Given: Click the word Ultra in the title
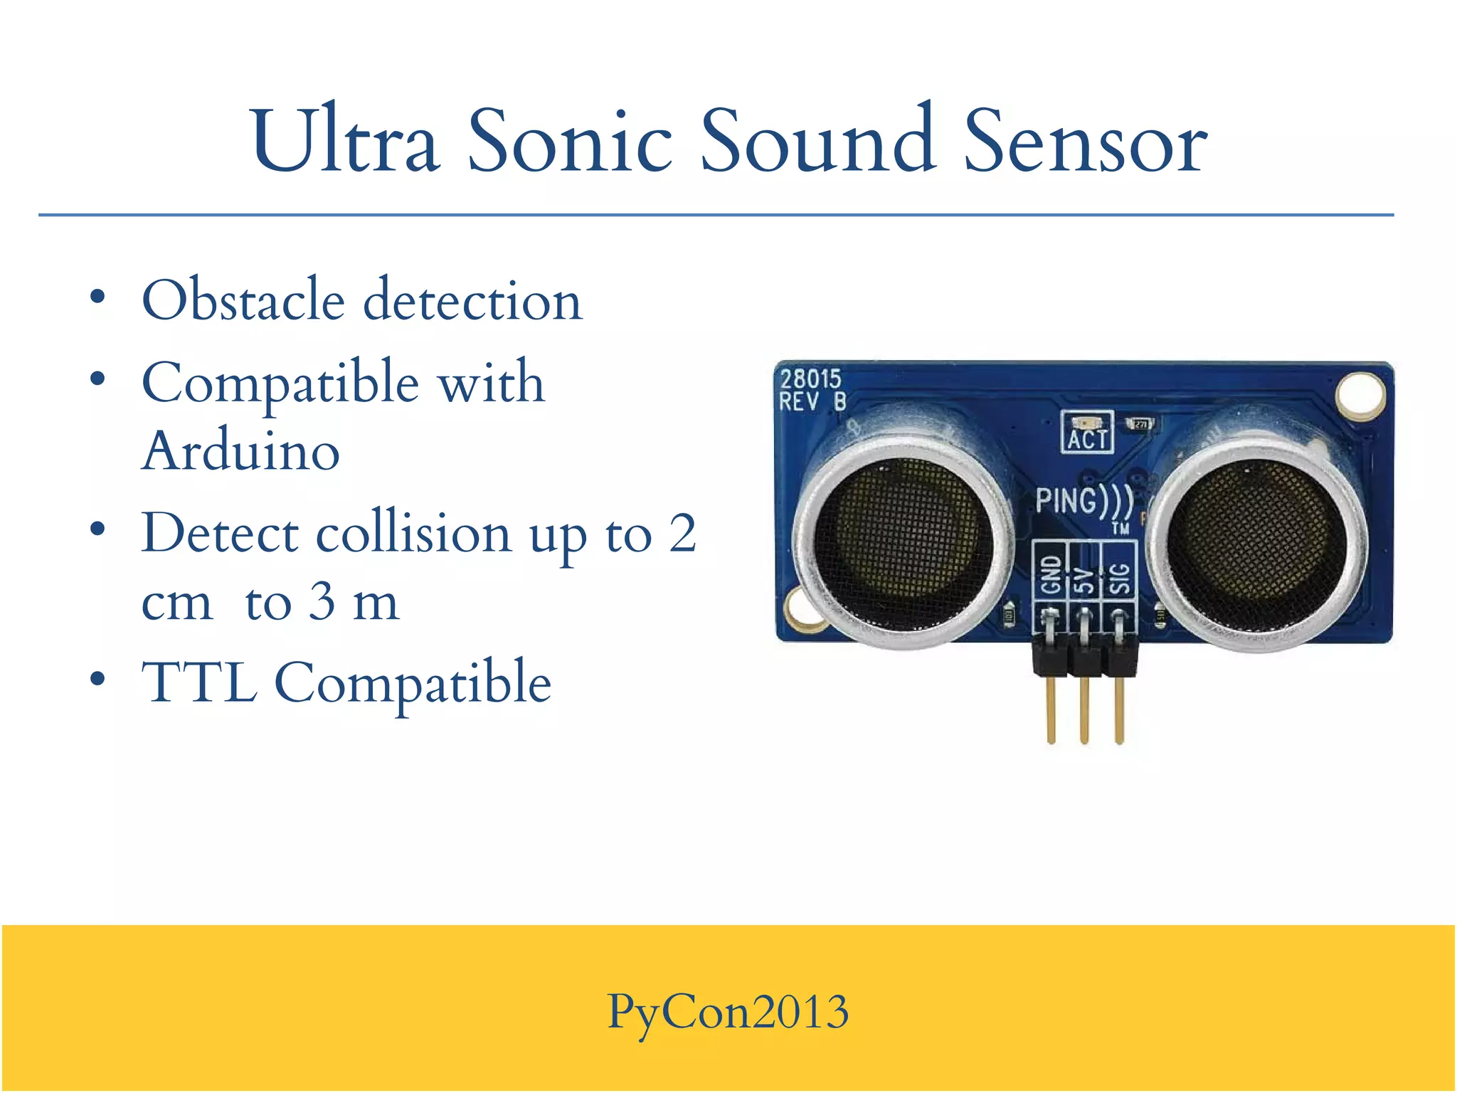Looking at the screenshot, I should point(344,141).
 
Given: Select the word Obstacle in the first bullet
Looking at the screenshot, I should point(243,300).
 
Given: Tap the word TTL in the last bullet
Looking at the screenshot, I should point(199,682).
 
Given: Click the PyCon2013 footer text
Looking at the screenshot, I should point(728,1011).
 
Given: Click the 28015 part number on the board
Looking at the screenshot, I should point(810,379).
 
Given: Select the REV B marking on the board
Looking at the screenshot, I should point(812,403).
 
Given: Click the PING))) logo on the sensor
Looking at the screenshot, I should point(1084,501).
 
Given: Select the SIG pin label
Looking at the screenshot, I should point(1119,577).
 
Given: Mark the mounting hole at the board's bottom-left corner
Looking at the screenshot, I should point(802,611).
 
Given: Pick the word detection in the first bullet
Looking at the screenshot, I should point(472,300).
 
